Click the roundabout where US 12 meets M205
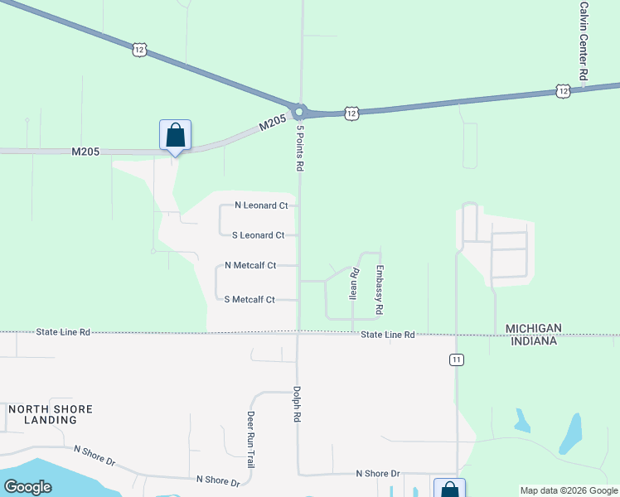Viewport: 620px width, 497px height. point(299,111)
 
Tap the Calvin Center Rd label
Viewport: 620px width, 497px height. point(584,40)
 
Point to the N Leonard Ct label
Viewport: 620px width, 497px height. point(261,205)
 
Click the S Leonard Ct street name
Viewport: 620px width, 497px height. point(258,235)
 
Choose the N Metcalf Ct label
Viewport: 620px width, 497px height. point(249,266)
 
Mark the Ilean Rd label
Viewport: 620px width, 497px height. point(353,282)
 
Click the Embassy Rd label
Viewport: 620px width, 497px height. point(379,289)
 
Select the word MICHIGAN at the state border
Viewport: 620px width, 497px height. point(534,329)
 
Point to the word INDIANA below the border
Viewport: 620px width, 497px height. point(534,340)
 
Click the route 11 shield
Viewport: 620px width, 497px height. point(456,359)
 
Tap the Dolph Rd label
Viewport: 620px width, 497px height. point(295,405)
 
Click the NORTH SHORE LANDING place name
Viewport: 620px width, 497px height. point(51,415)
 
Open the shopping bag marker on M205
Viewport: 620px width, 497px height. point(175,135)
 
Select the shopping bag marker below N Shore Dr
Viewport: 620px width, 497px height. point(448,490)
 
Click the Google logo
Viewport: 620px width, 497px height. point(28,487)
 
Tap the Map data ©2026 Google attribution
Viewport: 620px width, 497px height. point(569,490)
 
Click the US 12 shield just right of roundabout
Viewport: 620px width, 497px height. point(351,113)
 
